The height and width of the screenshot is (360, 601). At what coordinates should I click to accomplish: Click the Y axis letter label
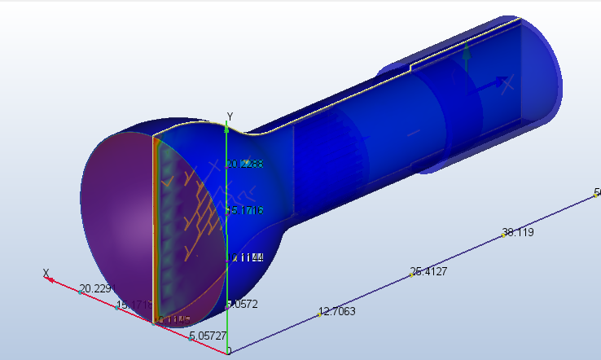click(x=230, y=116)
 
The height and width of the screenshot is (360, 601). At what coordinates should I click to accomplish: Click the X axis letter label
click(x=46, y=272)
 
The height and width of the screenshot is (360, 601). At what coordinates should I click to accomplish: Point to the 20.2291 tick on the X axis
click(x=97, y=289)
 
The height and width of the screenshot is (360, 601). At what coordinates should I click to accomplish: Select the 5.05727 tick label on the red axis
click(x=208, y=336)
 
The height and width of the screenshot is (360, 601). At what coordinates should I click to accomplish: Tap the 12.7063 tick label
click(x=336, y=311)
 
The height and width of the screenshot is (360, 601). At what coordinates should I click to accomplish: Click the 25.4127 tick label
click(x=429, y=271)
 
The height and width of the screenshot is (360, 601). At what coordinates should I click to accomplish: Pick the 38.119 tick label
click(x=519, y=232)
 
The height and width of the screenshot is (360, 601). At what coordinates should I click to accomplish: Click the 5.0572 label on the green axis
click(x=242, y=304)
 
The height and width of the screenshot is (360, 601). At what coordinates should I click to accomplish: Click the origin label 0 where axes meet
click(x=229, y=351)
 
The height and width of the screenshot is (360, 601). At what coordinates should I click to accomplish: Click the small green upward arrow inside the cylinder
click(x=467, y=55)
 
